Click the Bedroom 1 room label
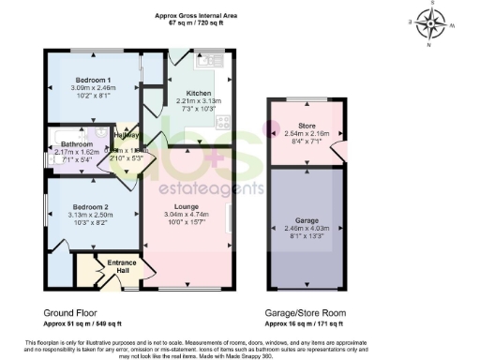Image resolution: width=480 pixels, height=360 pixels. [x=94, y=79]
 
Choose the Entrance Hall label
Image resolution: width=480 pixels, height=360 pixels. [x=122, y=266]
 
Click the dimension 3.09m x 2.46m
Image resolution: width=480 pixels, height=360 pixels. [x=94, y=86]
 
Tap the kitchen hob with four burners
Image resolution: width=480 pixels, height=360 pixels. [x=223, y=121]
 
